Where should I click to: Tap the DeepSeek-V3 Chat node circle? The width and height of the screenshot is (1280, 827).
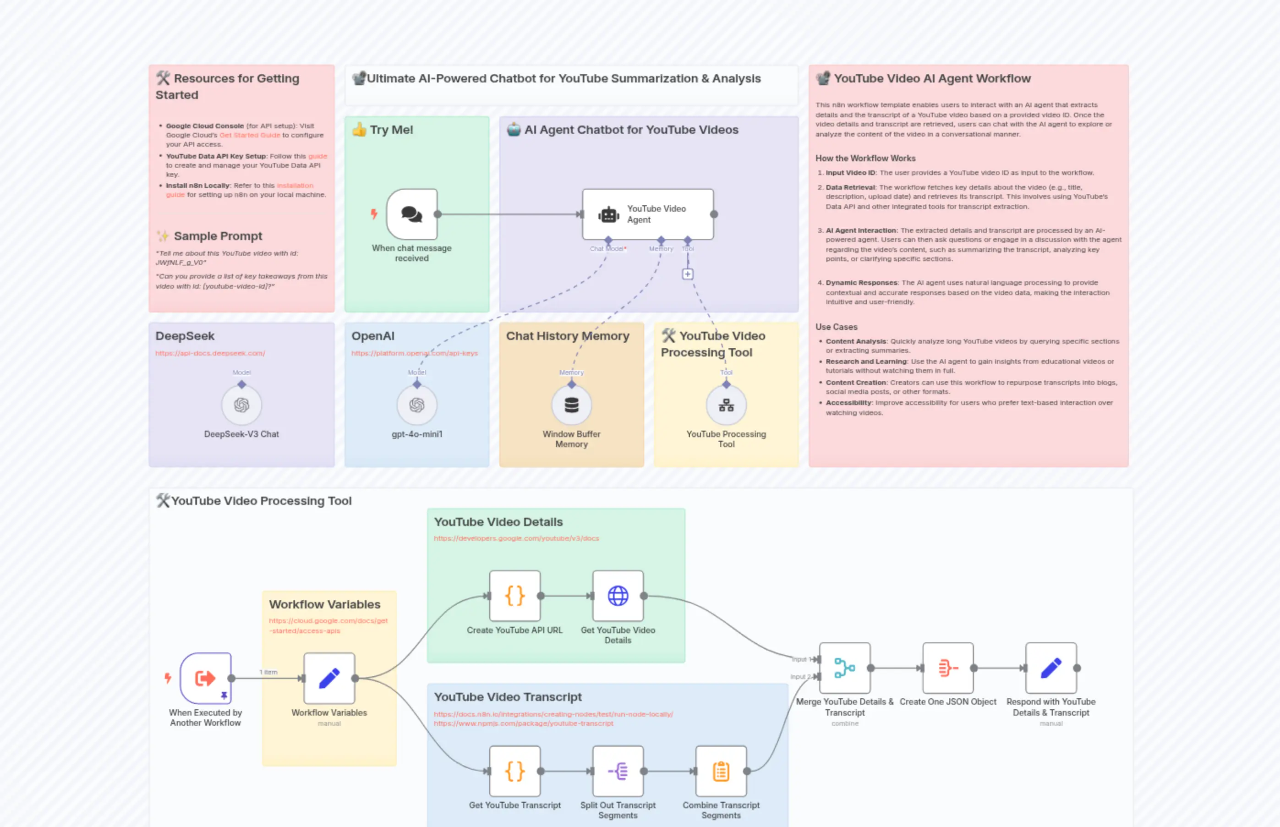[241, 405]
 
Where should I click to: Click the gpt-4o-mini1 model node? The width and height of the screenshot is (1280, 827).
[416, 405]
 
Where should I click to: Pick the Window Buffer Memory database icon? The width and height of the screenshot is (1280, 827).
[571, 405]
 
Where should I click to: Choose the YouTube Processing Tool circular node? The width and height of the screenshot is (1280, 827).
[726, 405]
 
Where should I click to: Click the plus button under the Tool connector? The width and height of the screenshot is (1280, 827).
[687, 274]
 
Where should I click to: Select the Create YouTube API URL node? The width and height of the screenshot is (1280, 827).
[514, 596]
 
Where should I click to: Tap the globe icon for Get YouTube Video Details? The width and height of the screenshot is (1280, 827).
[618, 596]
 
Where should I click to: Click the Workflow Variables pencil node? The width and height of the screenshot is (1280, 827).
[329, 678]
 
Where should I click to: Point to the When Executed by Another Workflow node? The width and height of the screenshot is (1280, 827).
[206, 678]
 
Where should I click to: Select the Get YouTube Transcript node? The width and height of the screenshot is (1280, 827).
[514, 771]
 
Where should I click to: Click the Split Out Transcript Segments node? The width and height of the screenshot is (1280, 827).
[618, 771]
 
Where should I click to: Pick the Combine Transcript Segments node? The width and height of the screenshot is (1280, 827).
[721, 771]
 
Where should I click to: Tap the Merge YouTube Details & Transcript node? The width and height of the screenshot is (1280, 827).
[845, 668]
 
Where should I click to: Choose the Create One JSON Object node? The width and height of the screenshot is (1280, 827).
[948, 668]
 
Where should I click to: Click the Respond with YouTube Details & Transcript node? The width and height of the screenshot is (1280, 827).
[1051, 668]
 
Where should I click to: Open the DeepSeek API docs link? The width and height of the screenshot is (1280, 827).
[210, 353]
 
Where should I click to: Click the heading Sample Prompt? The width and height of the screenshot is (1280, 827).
[218, 236]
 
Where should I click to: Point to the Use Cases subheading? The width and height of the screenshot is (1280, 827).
[836, 327]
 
